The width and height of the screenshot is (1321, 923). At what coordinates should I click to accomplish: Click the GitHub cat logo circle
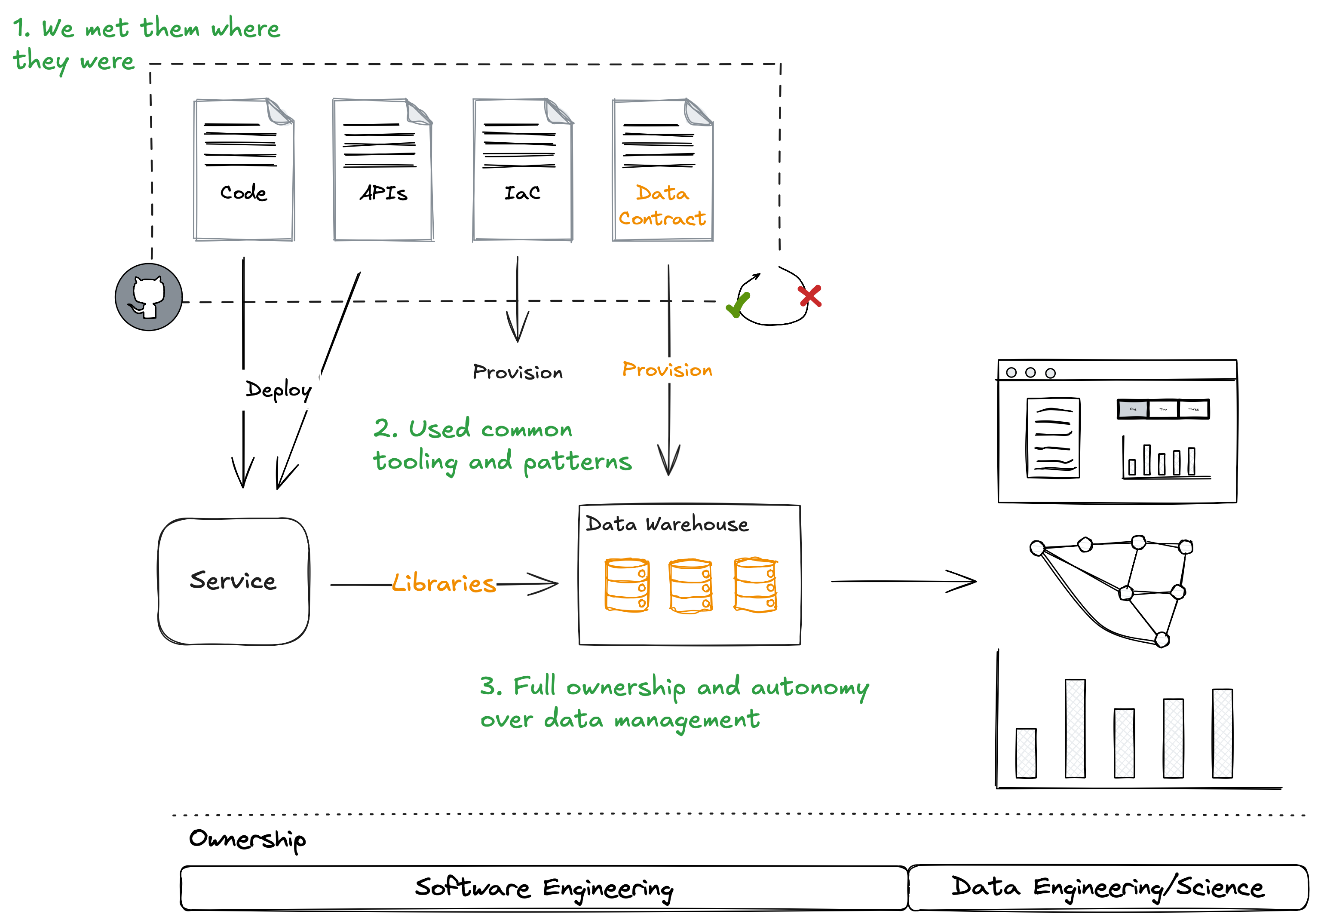click(148, 297)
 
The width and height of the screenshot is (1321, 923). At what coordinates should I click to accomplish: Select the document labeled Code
click(244, 170)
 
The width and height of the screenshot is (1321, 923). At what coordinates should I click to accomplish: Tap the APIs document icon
click(383, 170)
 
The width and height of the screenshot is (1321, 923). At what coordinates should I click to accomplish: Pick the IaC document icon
click(522, 170)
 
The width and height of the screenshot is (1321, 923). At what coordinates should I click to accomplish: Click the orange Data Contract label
click(662, 205)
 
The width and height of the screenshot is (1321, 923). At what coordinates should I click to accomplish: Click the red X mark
click(809, 296)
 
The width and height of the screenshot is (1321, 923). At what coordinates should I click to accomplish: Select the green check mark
click(738, 304)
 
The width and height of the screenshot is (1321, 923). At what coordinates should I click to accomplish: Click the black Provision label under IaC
click(517, 372)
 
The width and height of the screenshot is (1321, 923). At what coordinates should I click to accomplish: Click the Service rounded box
click(233, 581)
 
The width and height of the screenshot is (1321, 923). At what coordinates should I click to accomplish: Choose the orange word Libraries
click(444, 583)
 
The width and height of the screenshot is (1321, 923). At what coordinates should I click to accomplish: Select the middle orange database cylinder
click(690, 585)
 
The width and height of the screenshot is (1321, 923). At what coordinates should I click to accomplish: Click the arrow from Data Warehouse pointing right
click(903, 581)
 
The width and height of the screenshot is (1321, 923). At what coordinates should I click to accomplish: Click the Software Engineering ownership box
click(544, 888)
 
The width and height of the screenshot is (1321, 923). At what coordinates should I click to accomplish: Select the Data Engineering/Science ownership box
click(1107, 887)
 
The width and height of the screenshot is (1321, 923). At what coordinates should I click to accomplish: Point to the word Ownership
click(248, 839)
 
